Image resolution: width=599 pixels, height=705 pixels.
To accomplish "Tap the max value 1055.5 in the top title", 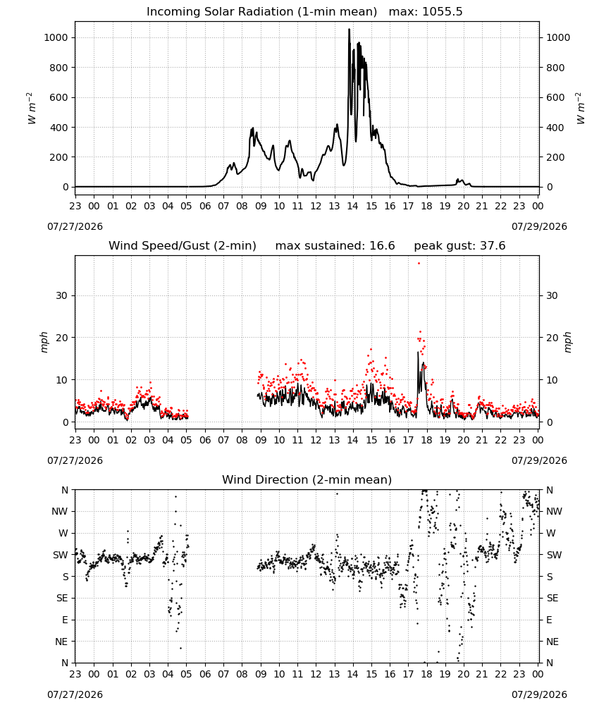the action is pyautogui.click(x=442, y=12).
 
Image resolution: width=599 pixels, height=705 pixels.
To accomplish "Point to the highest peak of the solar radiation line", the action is pyautogui.click(x=349, y=29).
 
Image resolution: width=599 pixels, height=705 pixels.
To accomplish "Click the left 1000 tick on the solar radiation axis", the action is pyautogui.click(x=56, y=38).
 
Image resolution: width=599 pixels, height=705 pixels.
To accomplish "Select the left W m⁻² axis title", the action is pyautogui.click(x=30, y=109).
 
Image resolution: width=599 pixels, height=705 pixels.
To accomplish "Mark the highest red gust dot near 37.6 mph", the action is pyautogui.click(x=419, y=264).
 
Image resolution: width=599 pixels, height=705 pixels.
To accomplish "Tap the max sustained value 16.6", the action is pyautogui.click(x=382, y=246).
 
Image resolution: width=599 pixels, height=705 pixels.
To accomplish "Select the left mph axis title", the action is pyautogui.click(x=44, y=342).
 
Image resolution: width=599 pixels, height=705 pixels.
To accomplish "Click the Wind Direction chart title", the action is pyautogui.click(x=307, y=479).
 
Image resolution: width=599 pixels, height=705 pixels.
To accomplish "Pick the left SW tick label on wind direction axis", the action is pyautogui.click(x=61, y=556).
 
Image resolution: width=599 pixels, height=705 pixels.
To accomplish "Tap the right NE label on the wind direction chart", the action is pyautogui.click(x=552, y=642).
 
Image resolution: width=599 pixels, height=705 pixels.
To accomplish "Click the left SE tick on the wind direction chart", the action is pyautogui.click(x=62, y=599).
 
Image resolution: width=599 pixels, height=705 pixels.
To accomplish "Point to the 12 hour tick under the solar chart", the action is pyautogui.click(x=316, y=207).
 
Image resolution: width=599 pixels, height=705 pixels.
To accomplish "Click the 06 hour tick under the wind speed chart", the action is pyautogui.click(x=205, y=440).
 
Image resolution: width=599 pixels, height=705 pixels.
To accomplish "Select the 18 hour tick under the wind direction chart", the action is pyautogui.click(x=427, y=675).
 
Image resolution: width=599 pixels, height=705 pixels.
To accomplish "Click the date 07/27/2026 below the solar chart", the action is pyautogui.click(x=75, y=226).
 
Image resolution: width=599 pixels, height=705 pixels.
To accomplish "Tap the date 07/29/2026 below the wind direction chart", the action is pyautogui.click(x=539, y=694).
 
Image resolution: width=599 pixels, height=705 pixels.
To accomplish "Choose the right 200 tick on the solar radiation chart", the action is pyautogui.click(x=555, y=157).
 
